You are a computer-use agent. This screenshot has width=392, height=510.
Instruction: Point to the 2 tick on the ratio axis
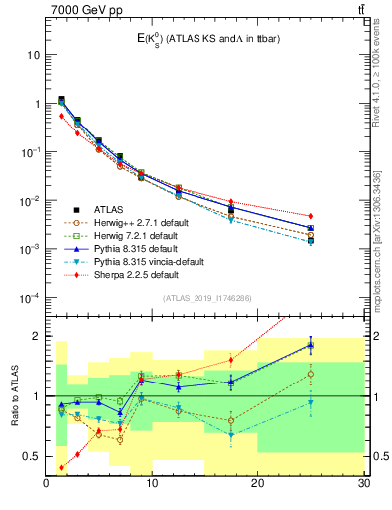tap(38, 336)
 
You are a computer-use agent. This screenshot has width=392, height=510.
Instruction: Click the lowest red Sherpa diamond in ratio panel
tap(62, 467)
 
